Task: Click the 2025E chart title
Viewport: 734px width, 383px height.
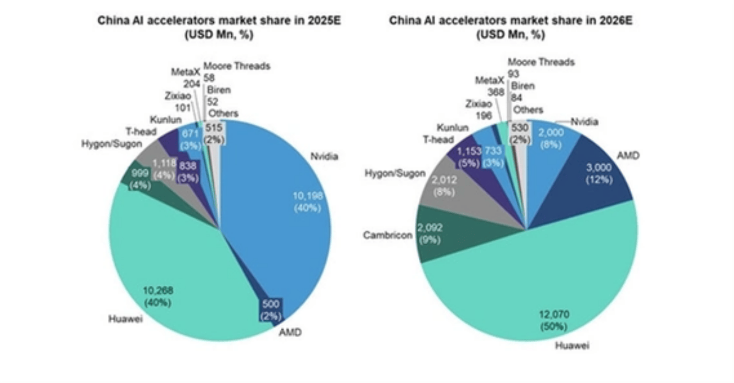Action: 219,21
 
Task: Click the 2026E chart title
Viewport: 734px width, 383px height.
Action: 511,21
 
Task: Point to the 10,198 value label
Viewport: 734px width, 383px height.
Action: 307,196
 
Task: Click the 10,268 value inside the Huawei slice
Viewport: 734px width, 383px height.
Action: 157,290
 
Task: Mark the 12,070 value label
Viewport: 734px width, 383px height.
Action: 554,315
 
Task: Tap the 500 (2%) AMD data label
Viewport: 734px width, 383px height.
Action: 271,310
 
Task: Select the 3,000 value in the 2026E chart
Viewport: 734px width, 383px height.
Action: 599,168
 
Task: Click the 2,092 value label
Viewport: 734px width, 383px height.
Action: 430,228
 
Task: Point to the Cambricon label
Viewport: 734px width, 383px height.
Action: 388,235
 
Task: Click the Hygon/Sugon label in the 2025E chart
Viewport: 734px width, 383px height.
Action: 111,144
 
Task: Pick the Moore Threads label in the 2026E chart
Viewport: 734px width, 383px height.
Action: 541,62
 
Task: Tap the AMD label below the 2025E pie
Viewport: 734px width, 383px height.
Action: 290,332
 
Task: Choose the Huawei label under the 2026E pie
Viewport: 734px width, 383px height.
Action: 572,346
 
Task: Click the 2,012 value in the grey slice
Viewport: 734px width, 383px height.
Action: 444,180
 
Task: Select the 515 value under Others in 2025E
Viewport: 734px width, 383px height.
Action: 214,128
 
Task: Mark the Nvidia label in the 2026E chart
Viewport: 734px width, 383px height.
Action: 584,122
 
